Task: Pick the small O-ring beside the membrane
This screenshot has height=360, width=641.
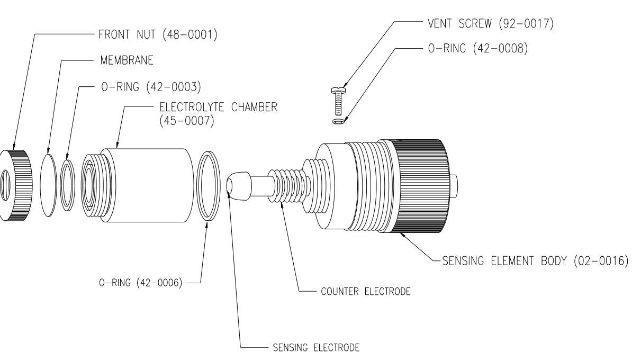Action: (x=68, y=185)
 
